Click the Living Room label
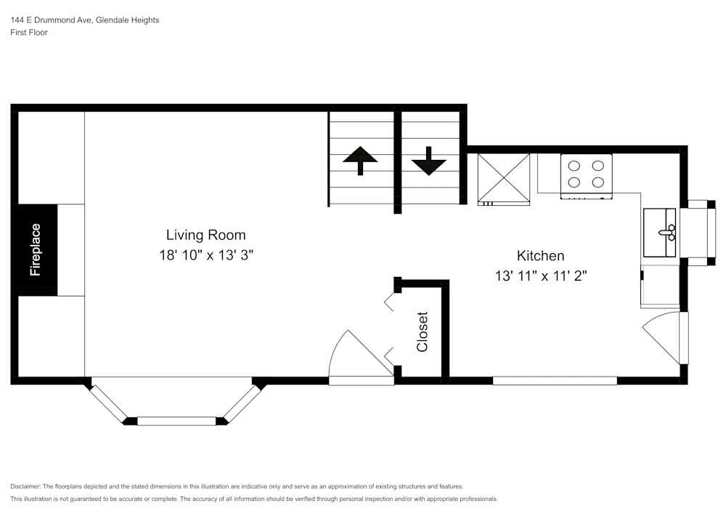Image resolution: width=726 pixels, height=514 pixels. click(205, 235)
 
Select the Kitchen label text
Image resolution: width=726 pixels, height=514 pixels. click(540, 256)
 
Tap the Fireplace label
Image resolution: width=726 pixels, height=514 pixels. click(36, 250)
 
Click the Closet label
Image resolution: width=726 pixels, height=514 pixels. click(423, 332)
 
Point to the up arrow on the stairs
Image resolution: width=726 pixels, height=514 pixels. click(359, 160)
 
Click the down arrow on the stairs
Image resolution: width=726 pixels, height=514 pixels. click(428, 161)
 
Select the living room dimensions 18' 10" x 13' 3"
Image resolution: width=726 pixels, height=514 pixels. click(205, 255)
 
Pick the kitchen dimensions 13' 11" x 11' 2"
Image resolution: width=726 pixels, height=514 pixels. click(540, 276)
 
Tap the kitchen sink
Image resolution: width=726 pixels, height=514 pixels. click(660, 232)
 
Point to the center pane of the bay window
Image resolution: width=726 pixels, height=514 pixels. click(177, 420)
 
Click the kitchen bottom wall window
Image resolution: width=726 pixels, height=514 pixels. click(555, 380)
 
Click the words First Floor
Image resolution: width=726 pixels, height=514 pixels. click(29, 33)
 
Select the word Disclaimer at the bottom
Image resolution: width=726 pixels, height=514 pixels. click(25, 486)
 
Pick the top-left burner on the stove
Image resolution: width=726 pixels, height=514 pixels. click(574, 166)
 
